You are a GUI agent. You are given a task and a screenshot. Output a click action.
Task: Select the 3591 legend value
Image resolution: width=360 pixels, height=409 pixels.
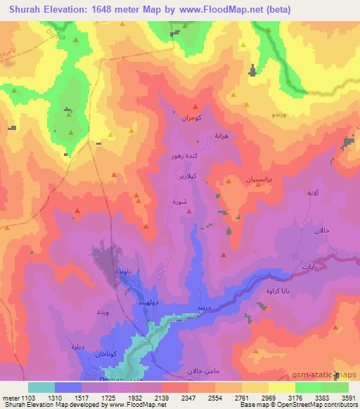coord(348,397)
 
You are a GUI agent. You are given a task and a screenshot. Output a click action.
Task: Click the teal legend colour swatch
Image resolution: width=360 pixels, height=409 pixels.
coord(41,387)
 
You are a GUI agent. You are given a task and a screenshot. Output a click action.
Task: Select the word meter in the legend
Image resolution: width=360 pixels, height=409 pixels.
coord(6,397)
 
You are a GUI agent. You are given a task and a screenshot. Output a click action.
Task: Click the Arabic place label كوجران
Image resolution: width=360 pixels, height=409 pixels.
coord(191,119)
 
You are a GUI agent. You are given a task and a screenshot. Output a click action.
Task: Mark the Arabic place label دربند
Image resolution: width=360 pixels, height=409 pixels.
coord(203,308)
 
